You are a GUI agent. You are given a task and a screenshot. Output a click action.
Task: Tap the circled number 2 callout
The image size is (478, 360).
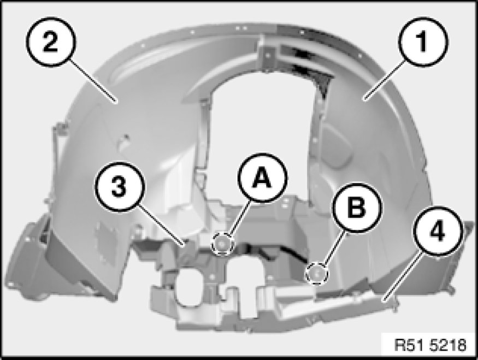coord(51,42)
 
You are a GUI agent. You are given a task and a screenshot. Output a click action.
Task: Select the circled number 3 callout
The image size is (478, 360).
coord(119,186)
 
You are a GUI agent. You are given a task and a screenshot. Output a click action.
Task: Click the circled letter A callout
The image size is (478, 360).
coord(262,178)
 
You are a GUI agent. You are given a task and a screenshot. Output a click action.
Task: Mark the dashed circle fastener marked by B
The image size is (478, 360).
coord(317,274)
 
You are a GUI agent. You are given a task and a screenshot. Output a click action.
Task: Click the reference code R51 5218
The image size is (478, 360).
coord(430,345)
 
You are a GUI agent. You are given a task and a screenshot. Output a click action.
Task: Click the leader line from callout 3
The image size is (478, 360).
coord(162,225)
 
